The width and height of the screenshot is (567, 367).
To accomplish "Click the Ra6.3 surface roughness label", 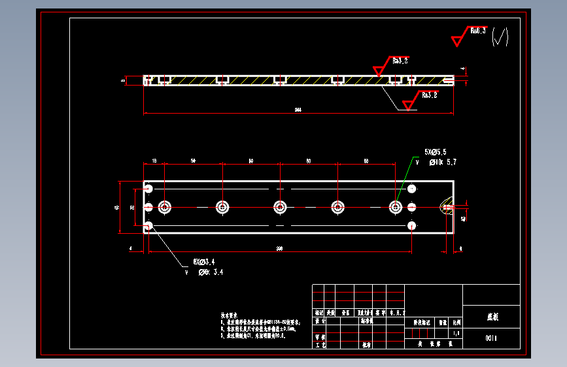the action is [x=477, y=31].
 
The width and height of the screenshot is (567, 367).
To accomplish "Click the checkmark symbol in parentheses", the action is [x=500, y=37].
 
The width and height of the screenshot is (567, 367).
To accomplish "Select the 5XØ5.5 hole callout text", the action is [x=436, y=152].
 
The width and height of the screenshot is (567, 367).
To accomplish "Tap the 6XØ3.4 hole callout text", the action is [x=204, y=262].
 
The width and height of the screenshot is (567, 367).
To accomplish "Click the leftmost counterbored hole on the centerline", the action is [x=164, y=207].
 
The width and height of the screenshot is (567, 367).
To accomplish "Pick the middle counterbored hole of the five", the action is [x=280, y=207].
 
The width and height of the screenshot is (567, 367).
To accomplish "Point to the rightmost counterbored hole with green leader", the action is [x=396, y=207].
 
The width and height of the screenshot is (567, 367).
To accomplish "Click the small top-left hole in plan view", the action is [x=149, y=189].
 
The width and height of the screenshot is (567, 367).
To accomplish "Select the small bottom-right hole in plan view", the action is [x=411, y=226].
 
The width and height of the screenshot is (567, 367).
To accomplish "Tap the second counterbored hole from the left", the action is [x=222, y=207].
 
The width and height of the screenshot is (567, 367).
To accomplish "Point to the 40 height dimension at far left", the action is [x=116, y=207].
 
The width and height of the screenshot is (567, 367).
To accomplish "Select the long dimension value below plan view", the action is [x=280, y=248].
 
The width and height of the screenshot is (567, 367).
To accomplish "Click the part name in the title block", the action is [x=492, y=317].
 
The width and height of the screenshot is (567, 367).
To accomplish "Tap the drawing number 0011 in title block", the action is [x=492, y=338].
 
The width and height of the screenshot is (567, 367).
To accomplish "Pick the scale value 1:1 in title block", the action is [x=456, y=333].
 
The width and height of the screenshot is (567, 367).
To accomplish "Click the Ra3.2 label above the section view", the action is [x=400, y=61].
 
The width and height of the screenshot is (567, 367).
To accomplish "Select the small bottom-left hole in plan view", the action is [x=149, y=226].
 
